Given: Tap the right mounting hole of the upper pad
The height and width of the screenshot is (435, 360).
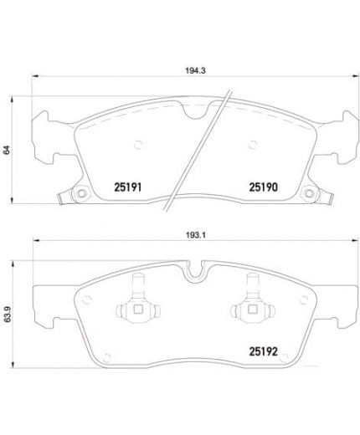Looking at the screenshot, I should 311,197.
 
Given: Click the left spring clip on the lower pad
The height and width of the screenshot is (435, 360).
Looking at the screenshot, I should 135,311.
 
